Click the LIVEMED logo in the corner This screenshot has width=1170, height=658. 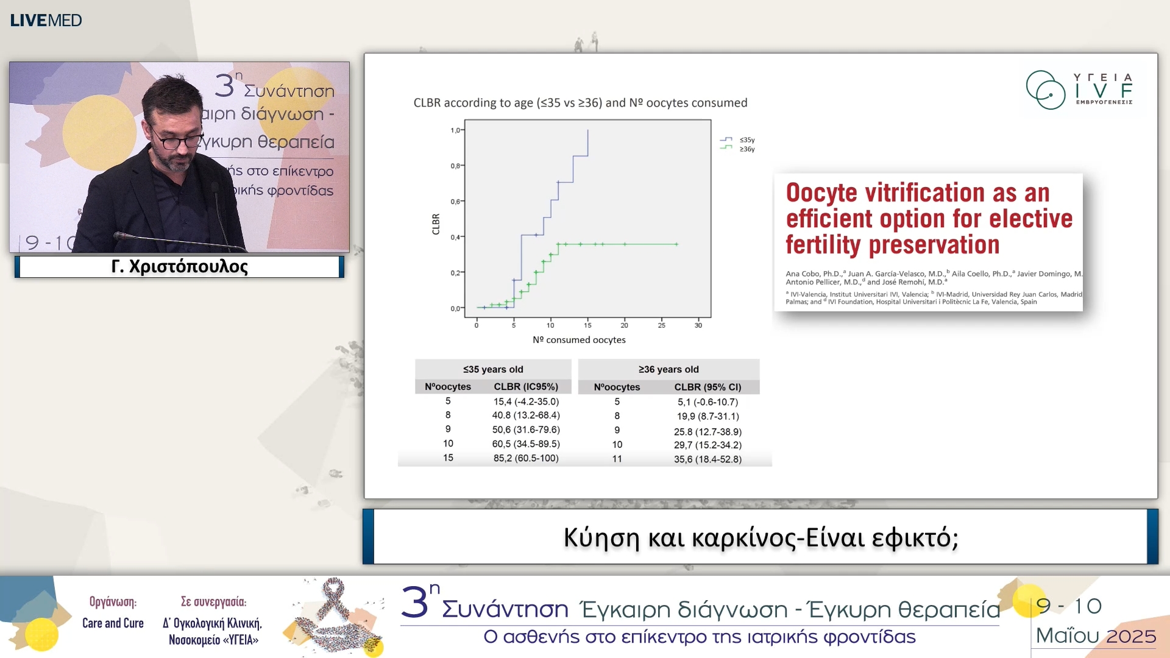tap(46, 20)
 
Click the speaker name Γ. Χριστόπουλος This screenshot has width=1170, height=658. tap(180, 267)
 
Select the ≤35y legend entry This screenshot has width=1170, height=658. tap(746, 140)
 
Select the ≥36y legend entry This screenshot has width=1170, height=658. tap(746, 149)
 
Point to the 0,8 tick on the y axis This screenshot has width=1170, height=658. tap(455, 166)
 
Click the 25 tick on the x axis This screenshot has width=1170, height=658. tap(661, 325)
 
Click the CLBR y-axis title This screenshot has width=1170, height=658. tap(436, 224)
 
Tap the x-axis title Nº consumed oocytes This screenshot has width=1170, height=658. tap(579, 340)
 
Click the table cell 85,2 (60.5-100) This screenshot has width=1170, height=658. tap(526, 458)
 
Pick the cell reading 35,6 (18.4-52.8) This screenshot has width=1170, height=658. tap(707, 459)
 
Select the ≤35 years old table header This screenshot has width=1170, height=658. tap(493, 369)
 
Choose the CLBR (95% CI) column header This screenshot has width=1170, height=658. tap(707, 387)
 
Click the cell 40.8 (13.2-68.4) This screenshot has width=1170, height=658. tap(526, 415)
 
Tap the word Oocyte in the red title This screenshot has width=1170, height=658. tap(822, 193)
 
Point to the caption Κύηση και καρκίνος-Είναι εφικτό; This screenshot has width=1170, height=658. tap(760, 537)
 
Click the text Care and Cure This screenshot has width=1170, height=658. tap(113, 623)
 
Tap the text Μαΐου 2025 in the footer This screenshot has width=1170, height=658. tap(1096, 636)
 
